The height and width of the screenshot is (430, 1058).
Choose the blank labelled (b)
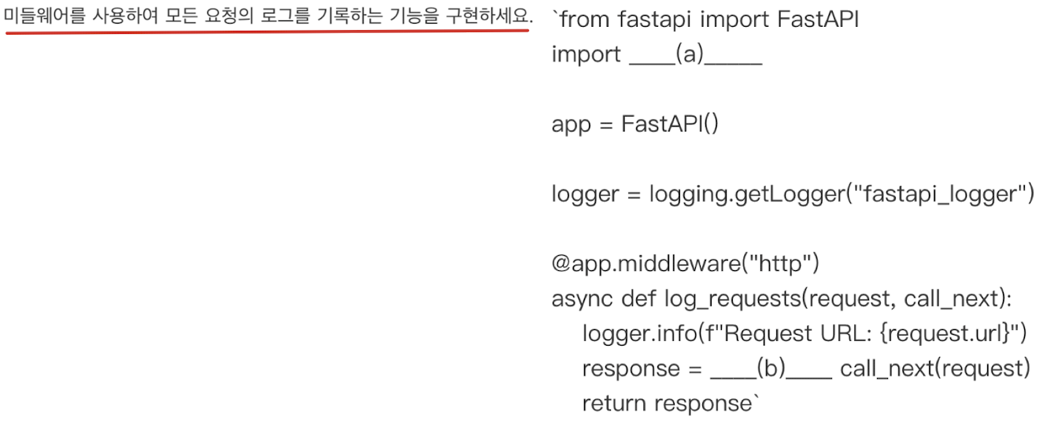coord(771,369)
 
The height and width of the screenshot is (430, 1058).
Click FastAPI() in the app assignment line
coord(669,124)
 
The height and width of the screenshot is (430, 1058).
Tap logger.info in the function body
coord(638,334)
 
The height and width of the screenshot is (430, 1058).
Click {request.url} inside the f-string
coord(945,334)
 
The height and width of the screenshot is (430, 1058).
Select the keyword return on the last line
coord(614,403)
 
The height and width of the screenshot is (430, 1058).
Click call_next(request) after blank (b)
coord(934,369)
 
